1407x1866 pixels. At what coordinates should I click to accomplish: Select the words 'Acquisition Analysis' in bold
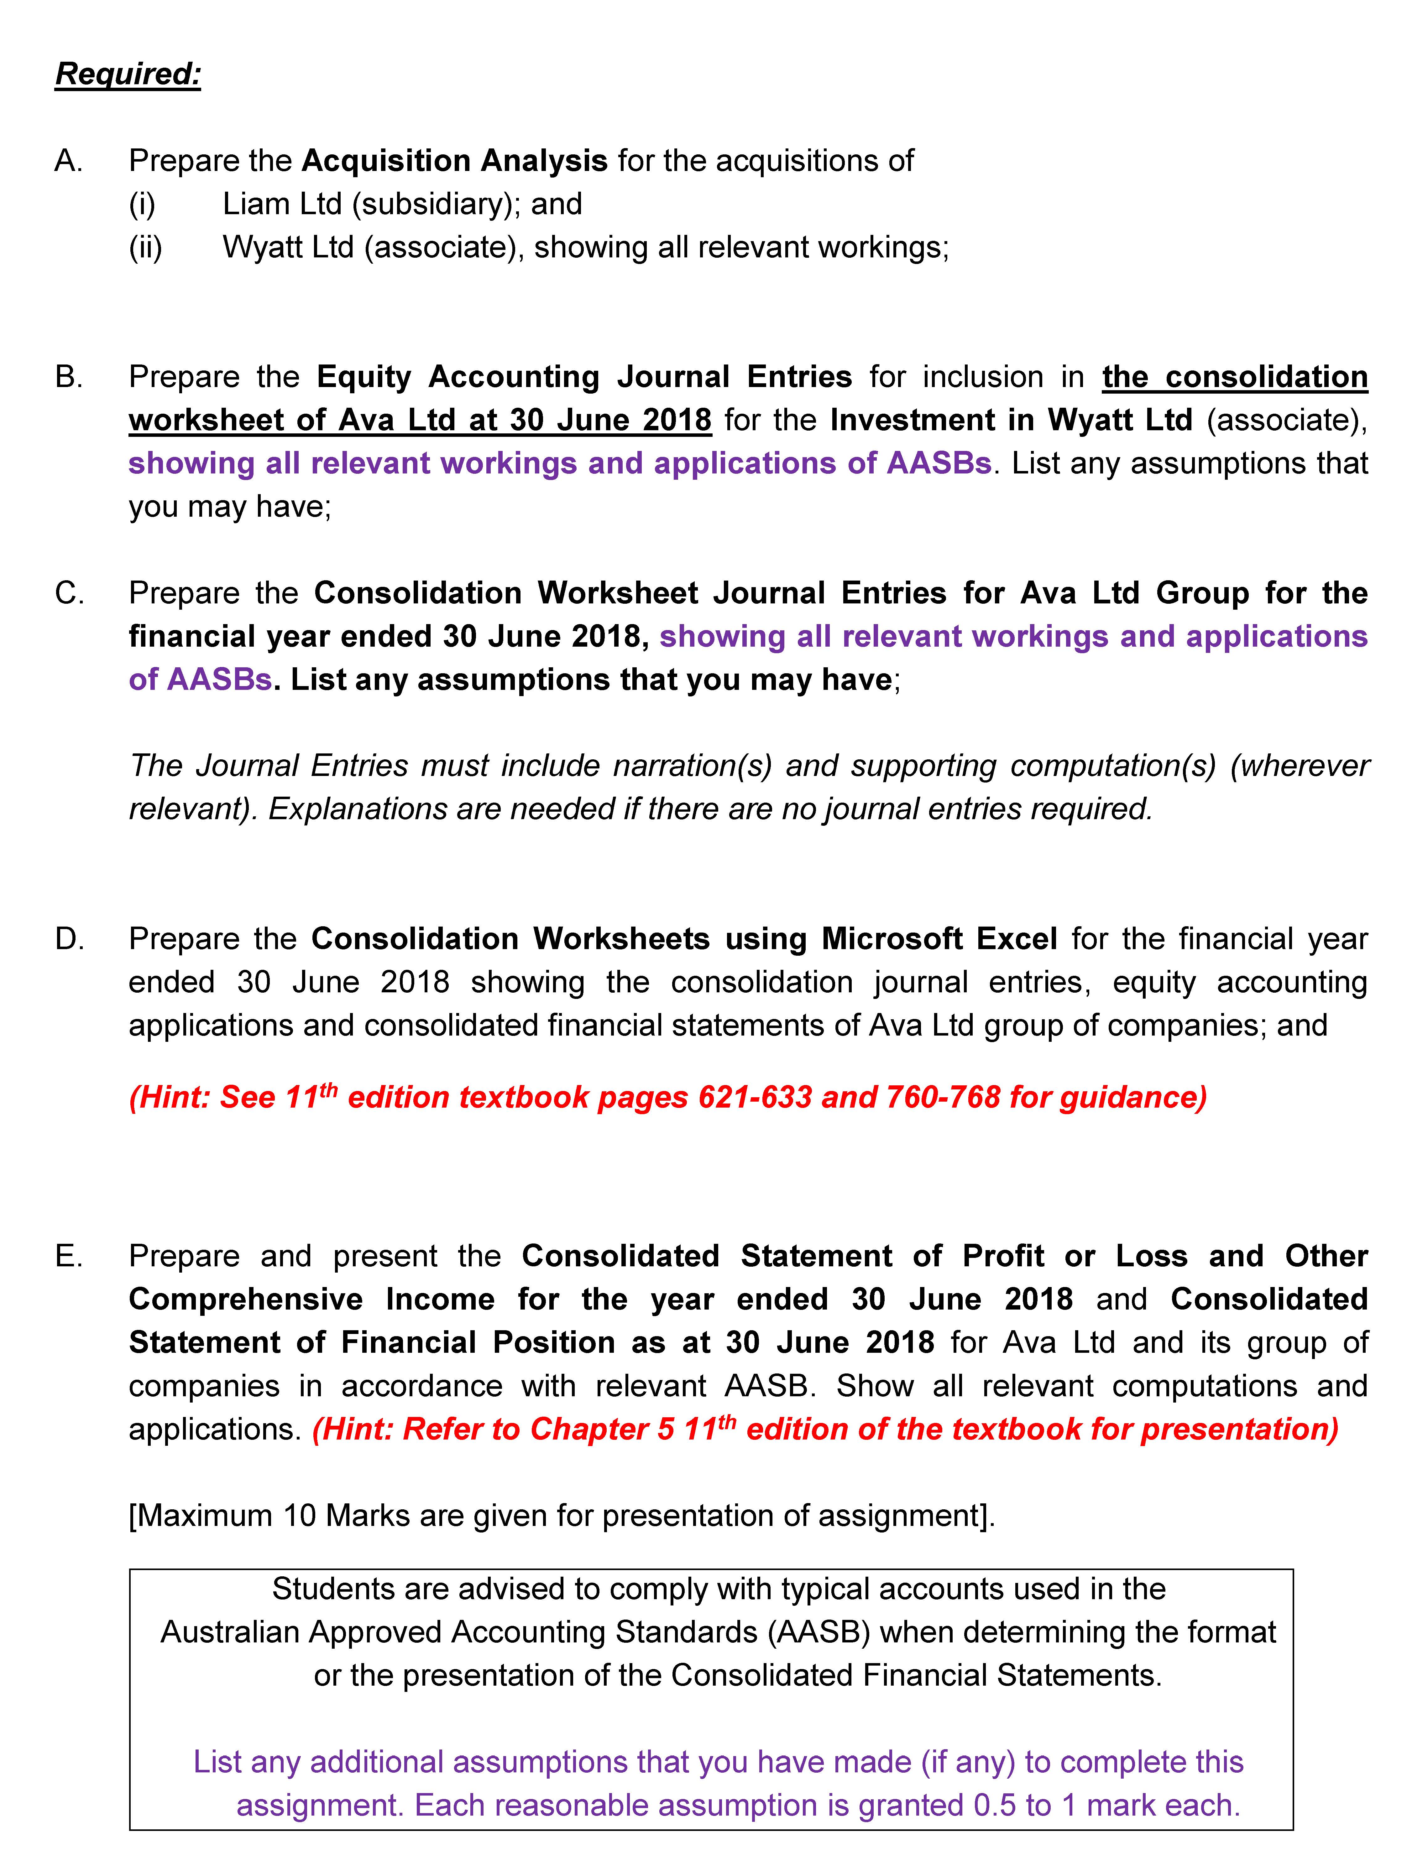(x=454, y=160)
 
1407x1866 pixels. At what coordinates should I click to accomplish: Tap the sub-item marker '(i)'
(x=142, y=204)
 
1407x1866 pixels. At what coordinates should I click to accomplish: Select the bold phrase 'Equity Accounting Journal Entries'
(x=584, y=377)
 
